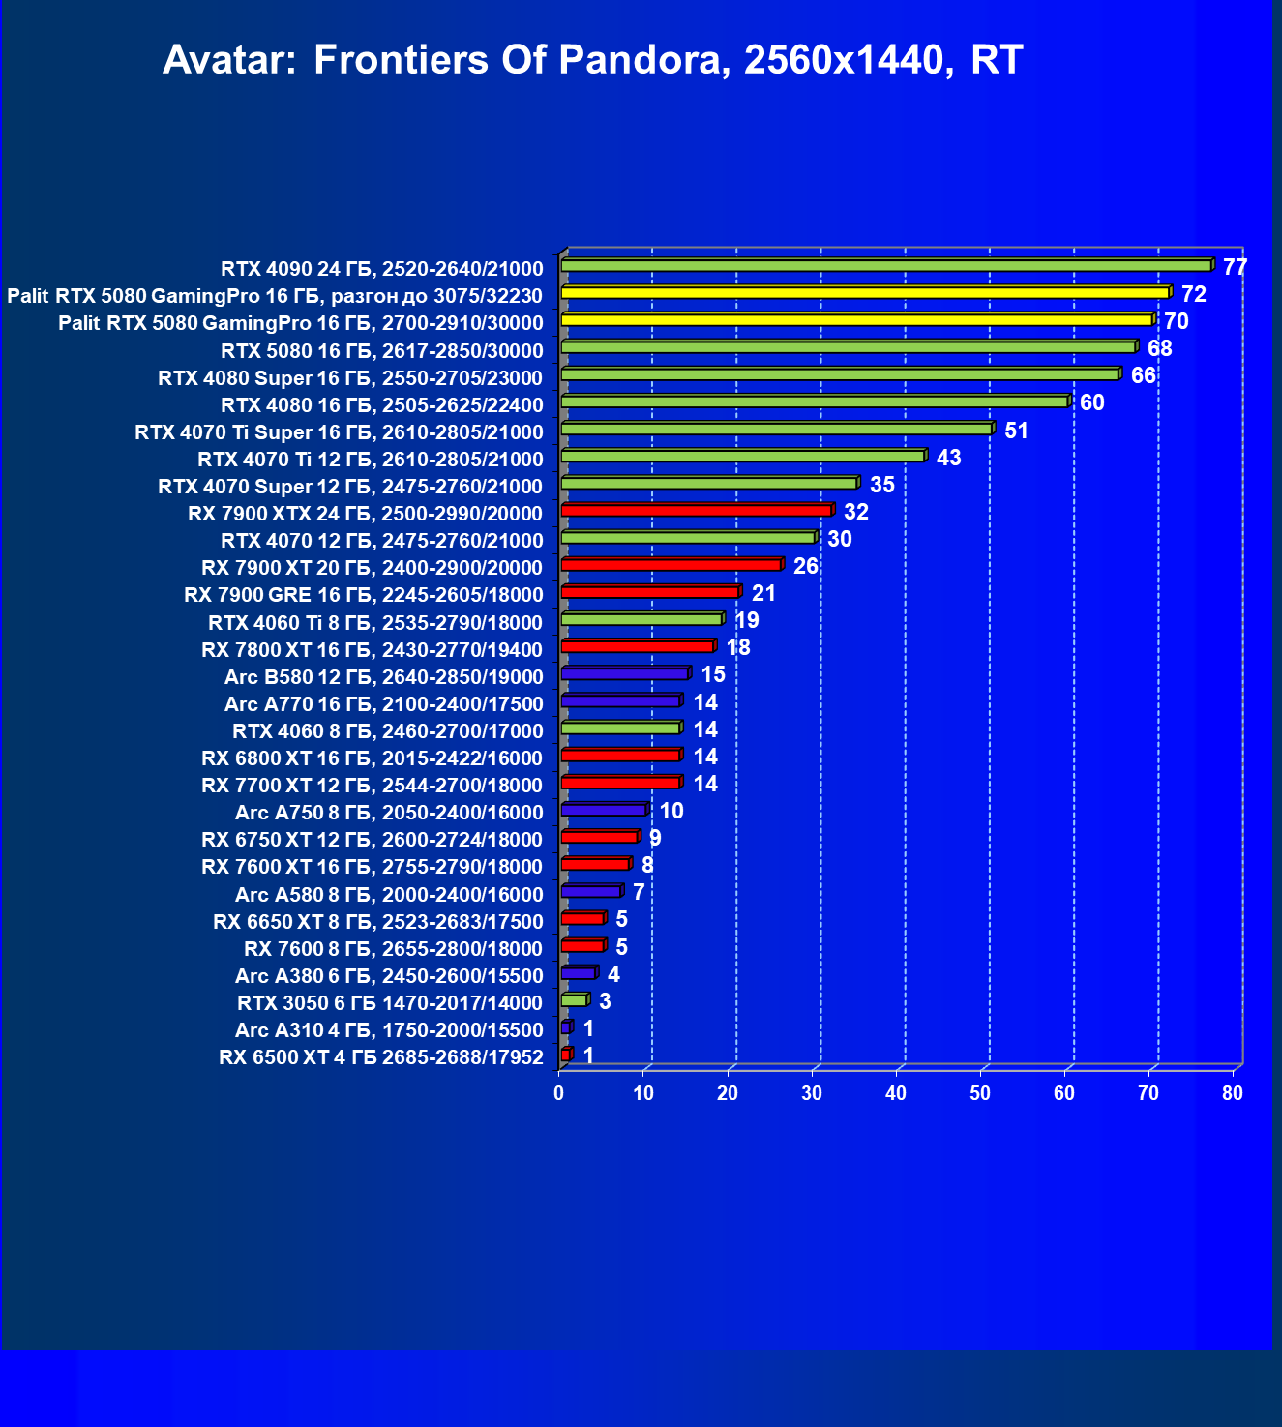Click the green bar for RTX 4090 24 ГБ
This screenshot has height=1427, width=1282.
point(885,265)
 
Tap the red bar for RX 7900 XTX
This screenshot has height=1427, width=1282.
point(696,510)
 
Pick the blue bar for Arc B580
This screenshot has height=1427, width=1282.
point(624,673)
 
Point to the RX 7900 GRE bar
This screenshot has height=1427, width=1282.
point(649,591)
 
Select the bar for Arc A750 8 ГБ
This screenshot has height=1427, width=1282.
point(603,810)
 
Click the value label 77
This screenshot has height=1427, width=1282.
point(1235,267)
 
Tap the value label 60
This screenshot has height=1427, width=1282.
point(1091,402)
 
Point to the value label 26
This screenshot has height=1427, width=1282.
point(805,566)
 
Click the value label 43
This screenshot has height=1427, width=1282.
point(948,458)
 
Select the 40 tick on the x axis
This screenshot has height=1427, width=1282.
point(896,1093)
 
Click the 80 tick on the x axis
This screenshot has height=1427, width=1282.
point(1232,1093)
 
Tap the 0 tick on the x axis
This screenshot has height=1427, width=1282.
point(559,1093)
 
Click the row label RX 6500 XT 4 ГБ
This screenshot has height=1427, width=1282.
point(380,1056)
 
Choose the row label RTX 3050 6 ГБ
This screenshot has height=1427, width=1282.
point(389,1002)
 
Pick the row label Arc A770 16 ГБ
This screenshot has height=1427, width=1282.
point(383,703)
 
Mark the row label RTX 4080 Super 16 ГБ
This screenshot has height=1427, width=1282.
point(350,377)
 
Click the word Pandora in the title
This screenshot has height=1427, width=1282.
point(641,60)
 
